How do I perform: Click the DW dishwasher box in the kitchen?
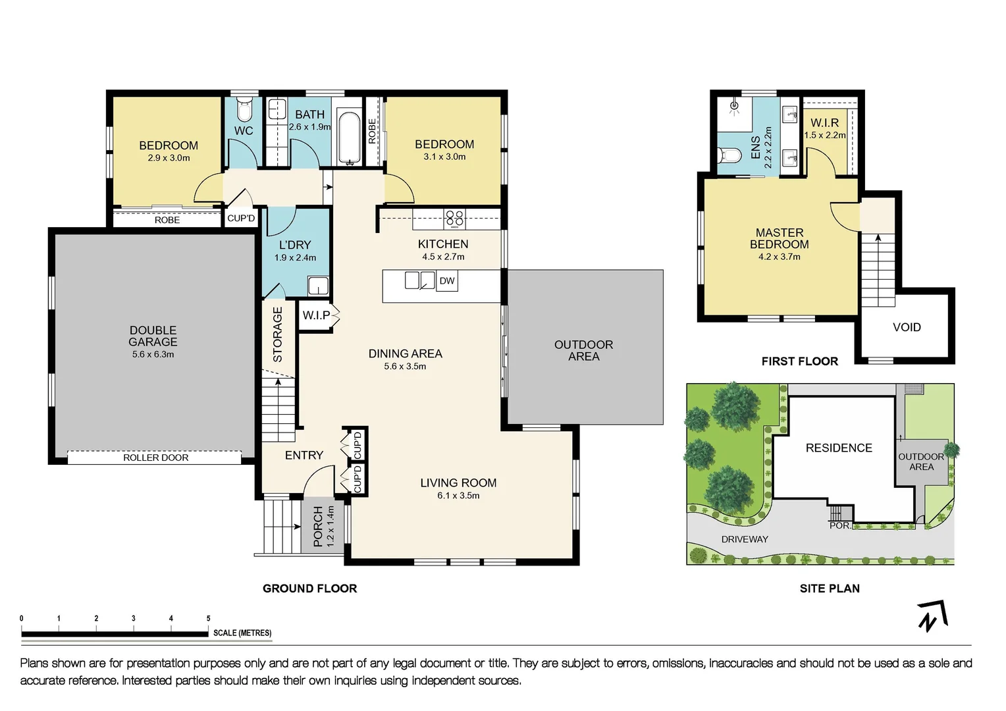coord(447,281)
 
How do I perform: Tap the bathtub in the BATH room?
coord(349,138)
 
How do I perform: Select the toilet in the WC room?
coord(244,107)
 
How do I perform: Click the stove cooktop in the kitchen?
coord(454,219)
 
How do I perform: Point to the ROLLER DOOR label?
coord(155,458)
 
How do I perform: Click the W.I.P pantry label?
coord(316,315)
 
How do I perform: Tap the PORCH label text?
coord(319,526)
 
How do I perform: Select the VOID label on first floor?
coord(907,327)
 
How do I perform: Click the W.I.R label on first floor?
coord(824,123)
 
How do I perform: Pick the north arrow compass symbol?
coord(932,616)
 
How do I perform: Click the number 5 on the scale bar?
coord(208,618)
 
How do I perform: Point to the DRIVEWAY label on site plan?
coord(745,539)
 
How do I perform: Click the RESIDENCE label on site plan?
coord(839,448)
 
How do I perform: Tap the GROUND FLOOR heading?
coord(309,589)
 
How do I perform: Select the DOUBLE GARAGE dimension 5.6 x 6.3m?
coord(153,354)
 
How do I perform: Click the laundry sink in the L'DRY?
coord(318,286)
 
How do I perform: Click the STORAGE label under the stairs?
coord(277,334)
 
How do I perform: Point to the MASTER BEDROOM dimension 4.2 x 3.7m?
coord(779,257)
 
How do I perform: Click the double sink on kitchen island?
coord(419,280)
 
